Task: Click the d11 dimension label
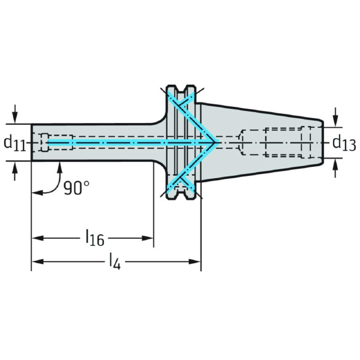[x=14, y=143]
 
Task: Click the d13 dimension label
[x=344, y=143]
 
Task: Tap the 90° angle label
[x=76, y=188]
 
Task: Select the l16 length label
[x=95, y=238]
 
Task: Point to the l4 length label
[x=115, y=262]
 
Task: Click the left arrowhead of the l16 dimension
[x=37, y=238]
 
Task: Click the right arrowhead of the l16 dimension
[x=148, y=238]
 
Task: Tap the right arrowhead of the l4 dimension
[x=195, y=262]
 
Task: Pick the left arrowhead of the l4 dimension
[x=37, y=262]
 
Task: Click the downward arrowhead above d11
[x=15, y=118]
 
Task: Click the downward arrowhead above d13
[x=335, y=121]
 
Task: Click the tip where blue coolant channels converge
[x=216, y=143]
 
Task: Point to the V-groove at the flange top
[x=181, y=89]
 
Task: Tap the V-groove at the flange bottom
[x=181, y=195]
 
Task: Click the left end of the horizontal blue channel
[x=48, y=143]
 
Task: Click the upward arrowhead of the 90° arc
[x=59, y=167]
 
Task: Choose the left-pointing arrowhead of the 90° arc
[x=37, y=193]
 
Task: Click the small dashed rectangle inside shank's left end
[x=45, y=142]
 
